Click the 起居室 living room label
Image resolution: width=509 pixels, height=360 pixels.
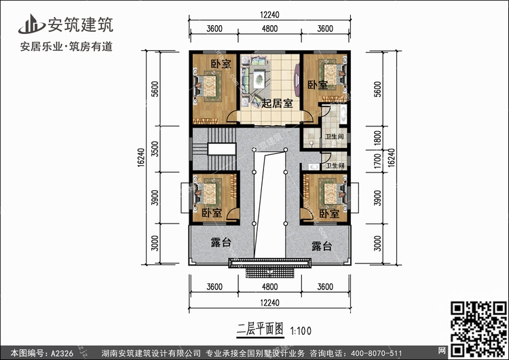pos(278,103)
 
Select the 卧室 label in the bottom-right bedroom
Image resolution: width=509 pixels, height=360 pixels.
pos(329,213)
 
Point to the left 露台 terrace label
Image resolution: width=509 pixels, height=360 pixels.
pos(221,243)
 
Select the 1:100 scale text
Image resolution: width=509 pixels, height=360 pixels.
pos(301,331)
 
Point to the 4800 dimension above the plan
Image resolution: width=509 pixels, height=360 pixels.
pos(269,29)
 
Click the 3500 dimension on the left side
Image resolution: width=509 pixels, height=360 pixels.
pos(155,150)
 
